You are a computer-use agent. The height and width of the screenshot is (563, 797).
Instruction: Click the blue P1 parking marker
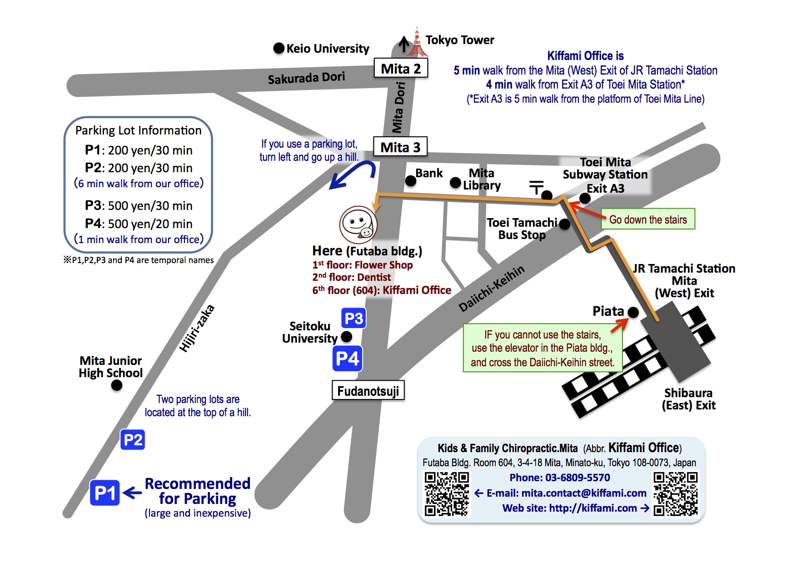coord(105,493)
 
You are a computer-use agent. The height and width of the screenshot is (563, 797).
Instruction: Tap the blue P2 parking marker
coord(133,439)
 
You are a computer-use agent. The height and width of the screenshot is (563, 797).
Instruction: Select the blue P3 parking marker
coord(354,318)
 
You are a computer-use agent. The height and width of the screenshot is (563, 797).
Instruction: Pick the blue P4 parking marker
coord(348,359)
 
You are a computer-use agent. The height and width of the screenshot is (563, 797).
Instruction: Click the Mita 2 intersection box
coord(400,69)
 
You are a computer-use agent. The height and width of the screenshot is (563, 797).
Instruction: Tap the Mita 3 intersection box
coord(400,147)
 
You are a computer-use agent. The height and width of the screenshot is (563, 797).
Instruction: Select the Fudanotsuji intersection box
coord(368,391)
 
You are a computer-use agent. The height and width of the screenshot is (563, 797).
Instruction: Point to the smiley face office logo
coord(358,224)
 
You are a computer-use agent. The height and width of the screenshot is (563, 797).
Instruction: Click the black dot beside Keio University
coord(279,48)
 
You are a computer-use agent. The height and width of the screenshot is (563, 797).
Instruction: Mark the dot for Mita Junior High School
coord(117,385)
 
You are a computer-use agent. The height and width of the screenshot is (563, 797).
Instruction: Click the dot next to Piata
coord(633,312)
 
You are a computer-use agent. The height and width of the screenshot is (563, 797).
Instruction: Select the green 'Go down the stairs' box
coord(648,219)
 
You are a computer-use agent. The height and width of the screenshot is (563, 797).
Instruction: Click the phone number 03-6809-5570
coord(559,478)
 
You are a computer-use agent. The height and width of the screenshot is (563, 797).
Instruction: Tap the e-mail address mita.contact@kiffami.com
coord(584,493)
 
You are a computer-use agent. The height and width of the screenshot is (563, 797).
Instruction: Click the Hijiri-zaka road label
coord(197,329)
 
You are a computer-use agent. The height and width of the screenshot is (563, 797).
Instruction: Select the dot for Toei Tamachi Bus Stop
coord(564,224)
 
